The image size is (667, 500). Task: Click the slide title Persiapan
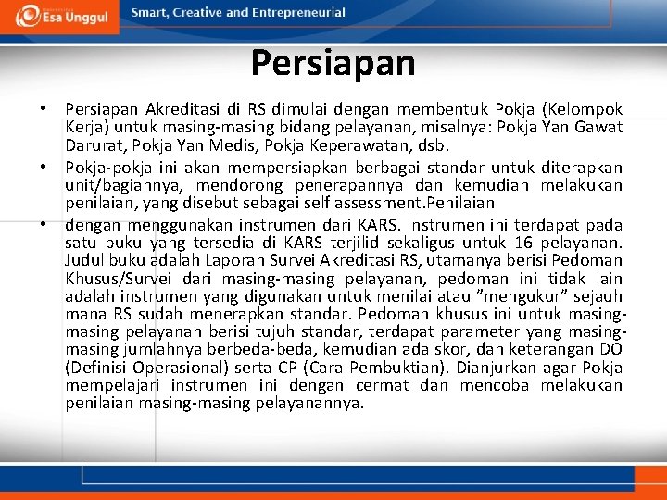coord(333,64)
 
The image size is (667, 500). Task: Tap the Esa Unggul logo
coord(59,16)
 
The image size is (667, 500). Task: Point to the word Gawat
coord(599,127)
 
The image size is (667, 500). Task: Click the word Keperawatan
coord(359,145)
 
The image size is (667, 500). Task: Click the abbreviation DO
coord(610,350)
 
